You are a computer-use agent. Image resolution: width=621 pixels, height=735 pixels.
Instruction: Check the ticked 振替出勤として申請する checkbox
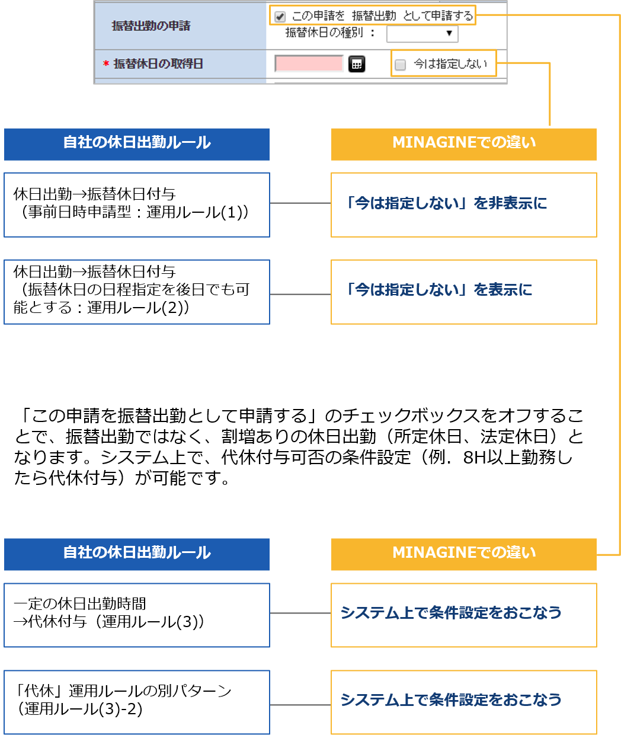280,17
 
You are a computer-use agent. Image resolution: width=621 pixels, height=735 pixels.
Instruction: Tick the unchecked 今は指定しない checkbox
401,65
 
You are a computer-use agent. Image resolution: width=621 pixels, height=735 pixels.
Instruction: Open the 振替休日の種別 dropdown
422,33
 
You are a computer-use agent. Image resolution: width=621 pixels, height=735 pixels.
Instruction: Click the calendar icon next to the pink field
357,64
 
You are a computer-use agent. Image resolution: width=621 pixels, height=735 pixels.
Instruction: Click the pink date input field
309,64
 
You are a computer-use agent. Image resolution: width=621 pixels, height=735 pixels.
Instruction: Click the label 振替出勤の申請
151,25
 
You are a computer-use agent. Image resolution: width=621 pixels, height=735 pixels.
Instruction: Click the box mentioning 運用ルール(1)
137,204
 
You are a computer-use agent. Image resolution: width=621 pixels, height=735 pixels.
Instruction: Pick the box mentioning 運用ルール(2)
137,292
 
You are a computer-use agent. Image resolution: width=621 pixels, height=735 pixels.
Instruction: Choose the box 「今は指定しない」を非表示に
463,204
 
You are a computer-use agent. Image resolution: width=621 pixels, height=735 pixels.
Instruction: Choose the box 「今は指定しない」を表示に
463,292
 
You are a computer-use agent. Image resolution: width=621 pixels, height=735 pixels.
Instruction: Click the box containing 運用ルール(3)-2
137,702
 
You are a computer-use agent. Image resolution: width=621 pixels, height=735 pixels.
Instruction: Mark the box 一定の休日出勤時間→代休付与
137,615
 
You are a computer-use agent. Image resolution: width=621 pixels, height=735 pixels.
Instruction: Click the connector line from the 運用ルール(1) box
300,203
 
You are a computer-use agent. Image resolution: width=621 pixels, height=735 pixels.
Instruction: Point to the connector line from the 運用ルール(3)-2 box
300,705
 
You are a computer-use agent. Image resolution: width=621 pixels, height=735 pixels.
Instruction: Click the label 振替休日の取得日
158,64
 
